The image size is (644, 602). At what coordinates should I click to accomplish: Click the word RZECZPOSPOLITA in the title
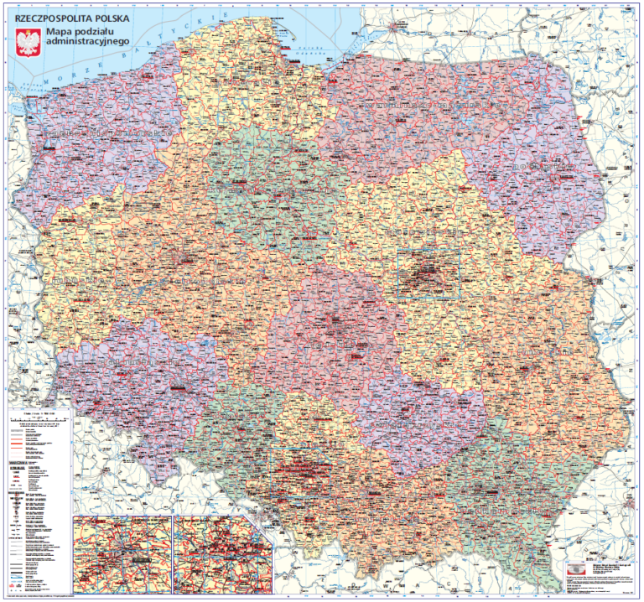(51, 18)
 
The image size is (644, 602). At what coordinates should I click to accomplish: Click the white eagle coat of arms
(29, 42)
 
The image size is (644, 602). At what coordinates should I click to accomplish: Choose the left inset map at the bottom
(122, 553)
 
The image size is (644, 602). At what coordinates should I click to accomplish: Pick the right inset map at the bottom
(223, 553)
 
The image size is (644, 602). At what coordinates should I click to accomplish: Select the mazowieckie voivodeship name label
(411, 227)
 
